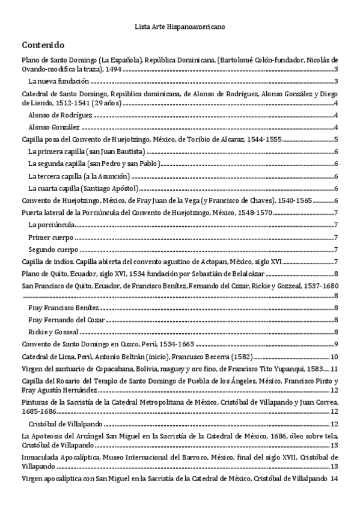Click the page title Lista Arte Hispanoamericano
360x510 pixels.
click(180, 26)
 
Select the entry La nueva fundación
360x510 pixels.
click(59, 81)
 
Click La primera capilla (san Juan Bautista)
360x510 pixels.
click(87, 150)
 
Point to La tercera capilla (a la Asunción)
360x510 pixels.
click(79, 176)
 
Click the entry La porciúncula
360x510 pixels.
click(52, 225)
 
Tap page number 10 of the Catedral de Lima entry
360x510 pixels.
click(335, 357)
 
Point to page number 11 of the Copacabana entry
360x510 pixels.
click(335, 368)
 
